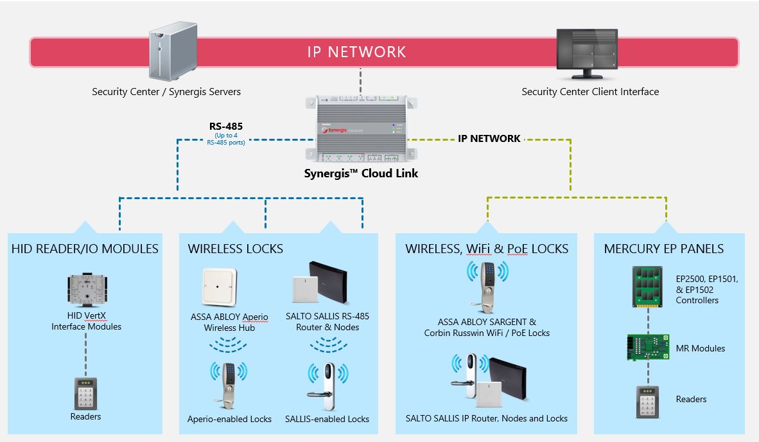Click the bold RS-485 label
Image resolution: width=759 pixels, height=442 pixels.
[x=225, y=126]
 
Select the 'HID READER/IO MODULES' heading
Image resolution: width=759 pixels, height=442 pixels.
[x=85, y=249]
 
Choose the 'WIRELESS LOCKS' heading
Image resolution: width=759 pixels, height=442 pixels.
[x=235, y=249]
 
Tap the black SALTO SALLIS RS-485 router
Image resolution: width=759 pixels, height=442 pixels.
[x=329, y=282]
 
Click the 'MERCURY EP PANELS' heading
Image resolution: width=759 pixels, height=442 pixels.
[x=663, y=249]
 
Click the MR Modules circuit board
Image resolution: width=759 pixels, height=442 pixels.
[x=648, y=347]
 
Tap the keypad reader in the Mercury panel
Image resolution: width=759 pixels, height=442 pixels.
[x=648, y=401]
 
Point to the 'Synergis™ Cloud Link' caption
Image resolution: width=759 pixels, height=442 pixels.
[x=361, y=173]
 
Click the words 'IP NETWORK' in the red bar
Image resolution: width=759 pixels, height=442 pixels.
[x=356, y=52]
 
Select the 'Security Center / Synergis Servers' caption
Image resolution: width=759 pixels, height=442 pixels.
[x=166, y=92]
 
